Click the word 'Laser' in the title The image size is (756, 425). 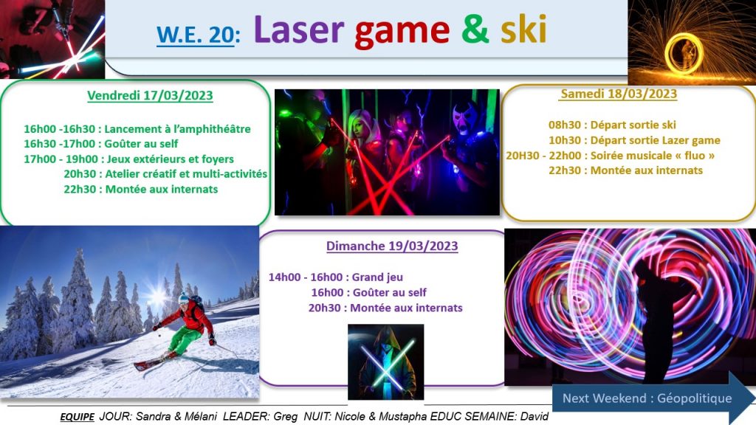pos(298,30)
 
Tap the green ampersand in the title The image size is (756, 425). pos(475,30)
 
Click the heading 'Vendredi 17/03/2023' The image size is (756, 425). pos(150,95)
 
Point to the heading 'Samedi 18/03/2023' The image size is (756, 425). pos(619,94)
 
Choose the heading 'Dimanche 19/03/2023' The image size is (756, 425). pos(392,246)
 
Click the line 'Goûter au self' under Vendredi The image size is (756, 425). pos(141,144)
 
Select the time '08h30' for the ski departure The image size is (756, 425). pos(564,125)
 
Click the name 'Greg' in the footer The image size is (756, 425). pos(286,416)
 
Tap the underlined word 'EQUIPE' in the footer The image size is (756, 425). pos(77,417)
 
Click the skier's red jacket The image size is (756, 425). pos(191,318)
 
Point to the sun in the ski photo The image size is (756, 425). pos(157,294)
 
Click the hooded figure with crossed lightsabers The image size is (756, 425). pos(385,362)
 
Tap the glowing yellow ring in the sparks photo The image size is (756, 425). pos(683,53)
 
